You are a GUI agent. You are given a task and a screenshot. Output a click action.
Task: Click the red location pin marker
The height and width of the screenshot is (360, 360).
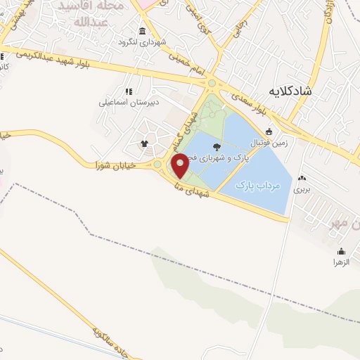181,165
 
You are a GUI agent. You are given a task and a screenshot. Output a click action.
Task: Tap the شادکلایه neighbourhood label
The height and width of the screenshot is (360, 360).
300,91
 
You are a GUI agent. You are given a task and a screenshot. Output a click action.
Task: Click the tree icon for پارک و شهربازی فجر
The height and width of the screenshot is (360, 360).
215,147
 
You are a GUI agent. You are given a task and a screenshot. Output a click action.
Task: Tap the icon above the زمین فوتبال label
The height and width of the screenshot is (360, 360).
269,131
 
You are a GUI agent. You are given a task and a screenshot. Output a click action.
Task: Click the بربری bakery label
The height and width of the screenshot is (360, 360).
302,189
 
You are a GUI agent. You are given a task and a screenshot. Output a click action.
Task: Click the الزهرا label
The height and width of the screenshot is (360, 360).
341,262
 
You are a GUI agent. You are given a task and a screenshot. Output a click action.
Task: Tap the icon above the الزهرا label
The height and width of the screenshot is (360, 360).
341,251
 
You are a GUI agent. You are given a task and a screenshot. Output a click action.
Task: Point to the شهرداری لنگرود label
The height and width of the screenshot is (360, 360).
143,41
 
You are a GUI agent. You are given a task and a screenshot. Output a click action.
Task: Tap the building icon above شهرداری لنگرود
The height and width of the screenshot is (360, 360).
143,31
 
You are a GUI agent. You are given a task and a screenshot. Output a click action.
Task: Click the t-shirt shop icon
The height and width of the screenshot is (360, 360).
145,144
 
